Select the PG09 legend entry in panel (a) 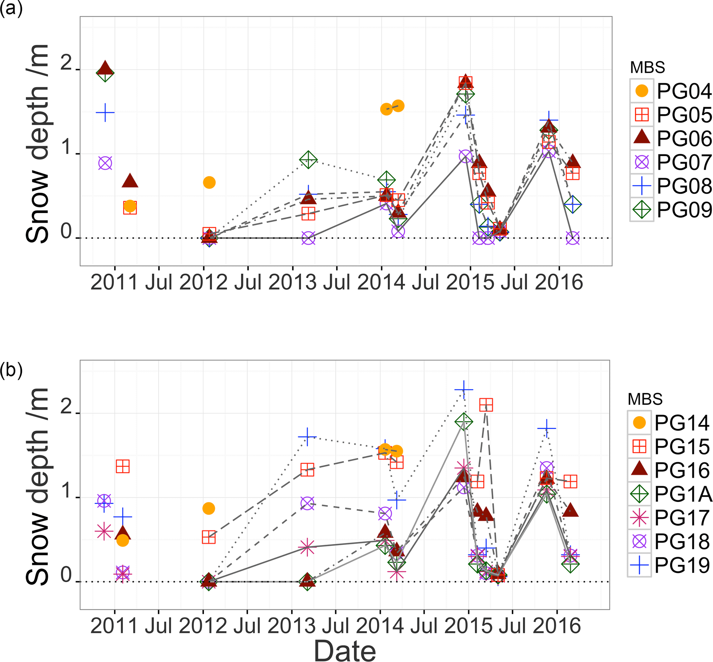(672, 210)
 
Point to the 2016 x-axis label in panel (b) (557, 626)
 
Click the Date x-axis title (345, 650)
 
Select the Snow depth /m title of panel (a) (38, 143)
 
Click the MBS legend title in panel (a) (647, 67)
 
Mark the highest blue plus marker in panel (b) (464, 389)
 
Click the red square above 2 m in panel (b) (486, 405)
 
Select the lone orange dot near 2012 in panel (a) (209, 182)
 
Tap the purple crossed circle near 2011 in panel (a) (105, 163)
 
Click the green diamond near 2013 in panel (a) (308, 160)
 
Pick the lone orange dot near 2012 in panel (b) (209, 508)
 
